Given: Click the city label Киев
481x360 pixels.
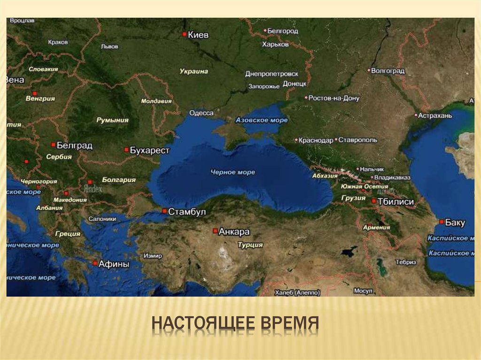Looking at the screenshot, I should pyautogui.click(x=198, y=34).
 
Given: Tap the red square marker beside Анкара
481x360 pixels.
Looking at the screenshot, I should pyautogui.click(x=215, y=231).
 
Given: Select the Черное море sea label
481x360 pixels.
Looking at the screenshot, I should pyautogui.click(x=233, y=172).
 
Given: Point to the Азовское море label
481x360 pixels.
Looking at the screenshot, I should pyautogui.click(x=262, y=120).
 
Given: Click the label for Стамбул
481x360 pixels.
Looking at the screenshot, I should pyautogui.click(x=187, y=212).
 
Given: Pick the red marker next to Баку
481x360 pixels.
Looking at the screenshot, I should pyautogui.click(x=442, y=221).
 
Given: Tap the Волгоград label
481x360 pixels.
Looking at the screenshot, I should pyautogui.click(x=388, y=71).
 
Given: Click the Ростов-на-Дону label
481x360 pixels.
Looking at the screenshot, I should pyautogui.click(x=334, y=99).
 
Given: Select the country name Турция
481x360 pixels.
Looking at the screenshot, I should pyautogui.click(x=250, y=245).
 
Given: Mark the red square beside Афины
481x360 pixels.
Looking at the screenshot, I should pyautogui.click(x=95, y=263).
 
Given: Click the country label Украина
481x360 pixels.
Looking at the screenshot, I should pyautogui.click(x=194, y=71).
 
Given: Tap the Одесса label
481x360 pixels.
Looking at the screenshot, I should pyautogui.click(x=201, y=113).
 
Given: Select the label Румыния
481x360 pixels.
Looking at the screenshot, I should pyautogui.click(x=112, y=120).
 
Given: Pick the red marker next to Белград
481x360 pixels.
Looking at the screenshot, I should pyautogui.click(x=53, y=145).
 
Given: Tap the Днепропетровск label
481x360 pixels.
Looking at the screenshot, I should pyautogui.click(x=272, y=74).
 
